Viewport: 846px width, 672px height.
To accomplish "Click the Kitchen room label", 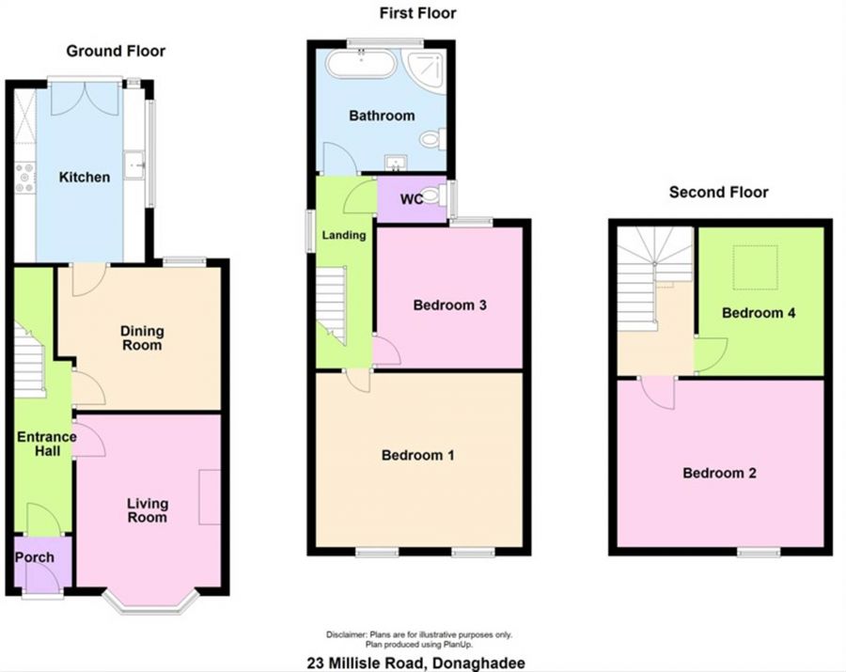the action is [85, 177].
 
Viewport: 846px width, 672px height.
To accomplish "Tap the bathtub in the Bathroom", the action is [363, 65].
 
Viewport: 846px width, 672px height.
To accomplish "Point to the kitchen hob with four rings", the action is [24, 178].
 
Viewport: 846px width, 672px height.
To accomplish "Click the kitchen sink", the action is [133, 164].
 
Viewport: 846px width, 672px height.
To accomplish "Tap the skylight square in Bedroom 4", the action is [756, 267].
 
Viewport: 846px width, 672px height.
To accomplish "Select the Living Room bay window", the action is [151, 602].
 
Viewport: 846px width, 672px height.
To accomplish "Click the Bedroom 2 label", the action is [719, 473].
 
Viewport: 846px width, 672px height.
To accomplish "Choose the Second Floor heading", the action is [719, 192].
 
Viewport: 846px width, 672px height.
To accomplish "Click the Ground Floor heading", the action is [116, 51].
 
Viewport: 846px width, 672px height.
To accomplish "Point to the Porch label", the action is [35, 557].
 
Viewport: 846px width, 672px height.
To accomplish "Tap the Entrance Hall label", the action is [47, 444].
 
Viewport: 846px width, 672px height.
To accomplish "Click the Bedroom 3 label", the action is [450, 305].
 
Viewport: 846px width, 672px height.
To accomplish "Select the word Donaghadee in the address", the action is [477, 663].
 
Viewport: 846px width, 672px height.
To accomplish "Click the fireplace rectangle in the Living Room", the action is [210, 497].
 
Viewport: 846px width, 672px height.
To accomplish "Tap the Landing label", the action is [344, 235].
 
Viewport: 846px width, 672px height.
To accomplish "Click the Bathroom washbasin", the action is [396, 163].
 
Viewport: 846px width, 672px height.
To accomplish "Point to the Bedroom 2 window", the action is [760, 552].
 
